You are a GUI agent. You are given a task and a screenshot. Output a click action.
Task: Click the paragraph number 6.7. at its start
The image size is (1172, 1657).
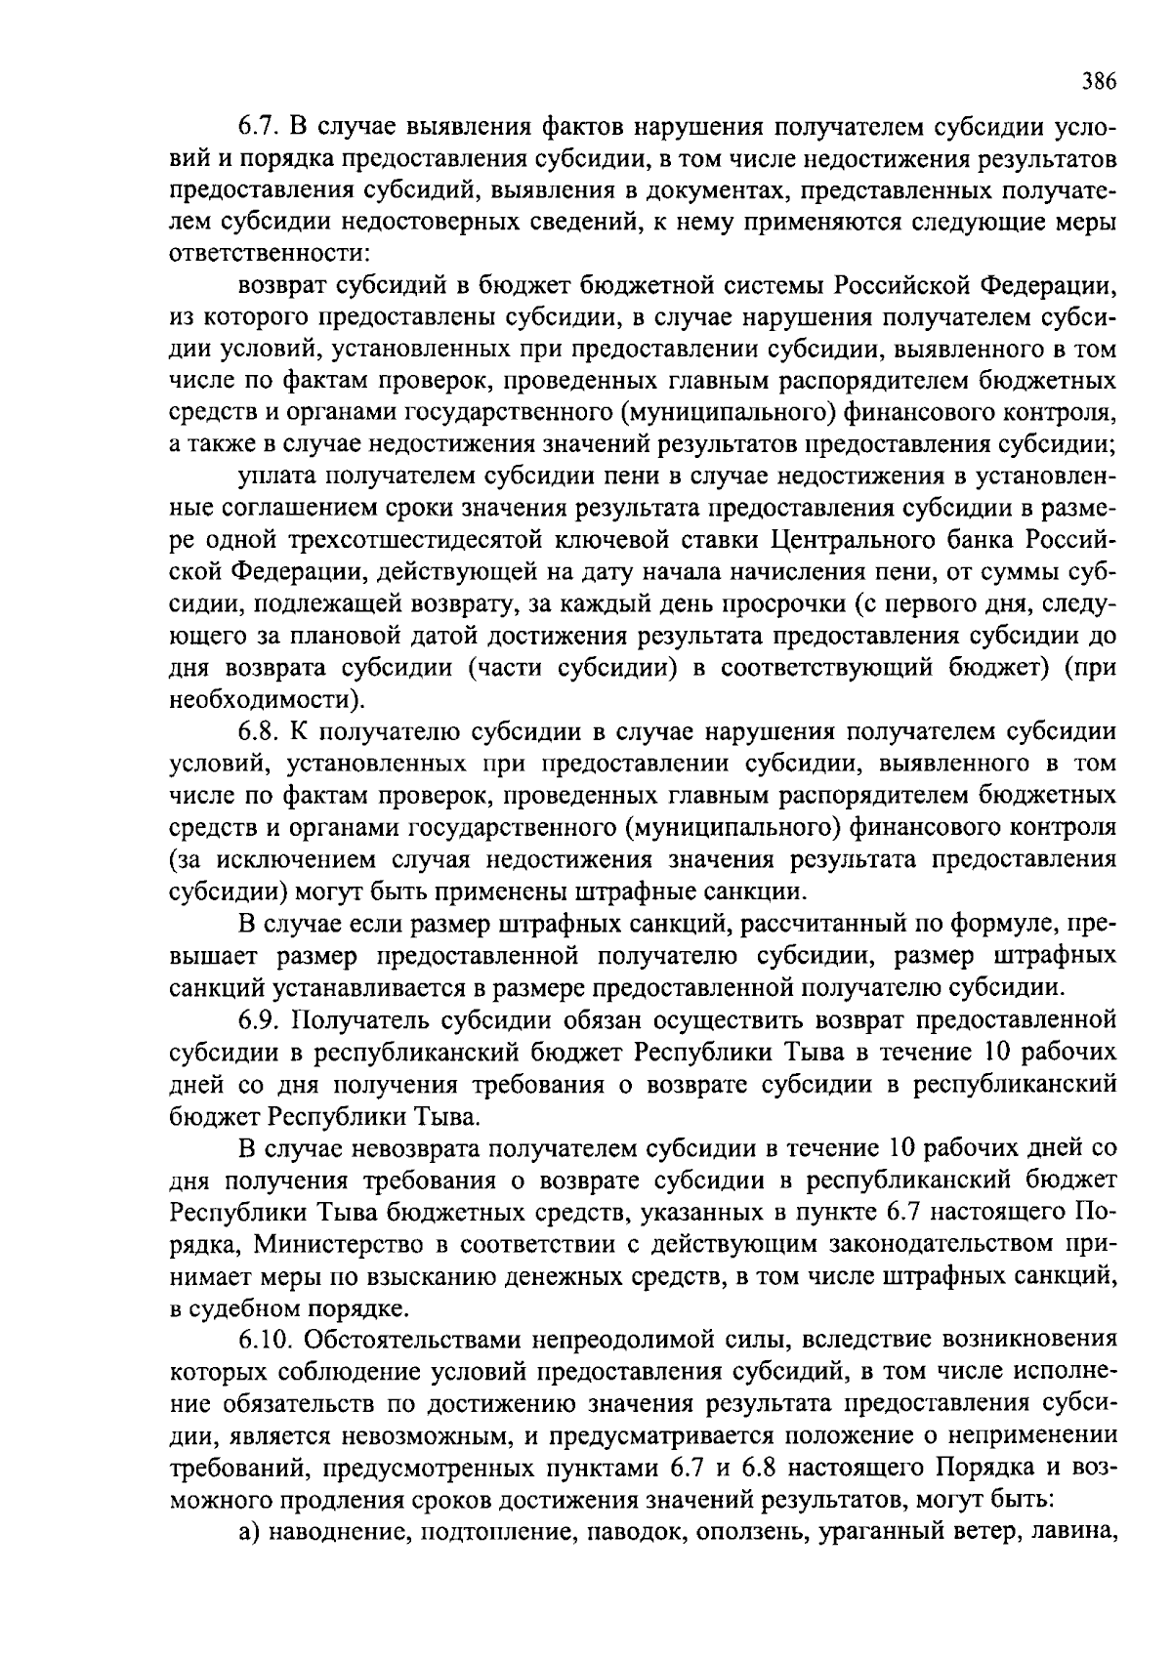click(x=260, y=129)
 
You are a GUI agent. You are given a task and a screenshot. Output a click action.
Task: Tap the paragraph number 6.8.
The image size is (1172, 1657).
click(x=260, y=732)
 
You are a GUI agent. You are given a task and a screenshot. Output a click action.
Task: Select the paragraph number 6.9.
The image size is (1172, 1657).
click(x=260, y=1020)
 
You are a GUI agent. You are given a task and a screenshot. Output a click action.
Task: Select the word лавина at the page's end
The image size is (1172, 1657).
click(x=1079, y=1532)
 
